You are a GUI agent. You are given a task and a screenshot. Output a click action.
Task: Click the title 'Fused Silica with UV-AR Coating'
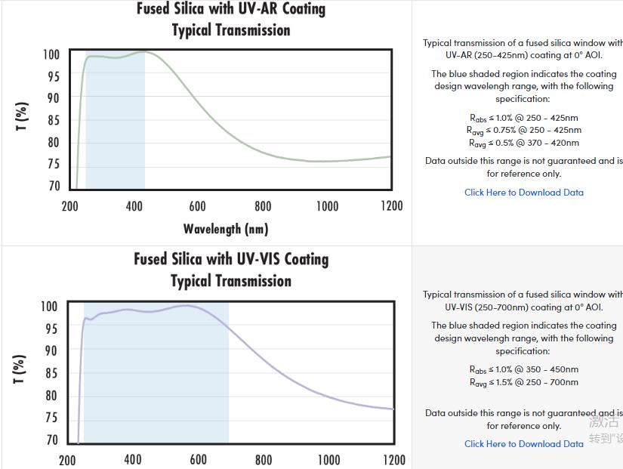coord(231,9)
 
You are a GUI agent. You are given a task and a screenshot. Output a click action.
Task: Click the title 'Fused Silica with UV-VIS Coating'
coord(231,259)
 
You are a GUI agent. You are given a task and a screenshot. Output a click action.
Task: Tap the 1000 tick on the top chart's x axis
coord(327,206)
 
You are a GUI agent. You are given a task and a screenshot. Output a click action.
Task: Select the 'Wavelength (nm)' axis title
coord(226,228)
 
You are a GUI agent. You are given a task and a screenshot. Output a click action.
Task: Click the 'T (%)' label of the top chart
coord(22,116)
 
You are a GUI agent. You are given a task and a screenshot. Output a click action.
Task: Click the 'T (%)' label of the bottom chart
coord(22,369)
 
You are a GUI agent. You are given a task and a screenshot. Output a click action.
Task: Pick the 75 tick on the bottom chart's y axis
coord(50,418)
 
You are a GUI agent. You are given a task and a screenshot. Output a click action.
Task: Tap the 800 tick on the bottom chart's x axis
coord(264,459)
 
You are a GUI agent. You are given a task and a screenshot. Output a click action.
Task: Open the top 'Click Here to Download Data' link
coord(523,192)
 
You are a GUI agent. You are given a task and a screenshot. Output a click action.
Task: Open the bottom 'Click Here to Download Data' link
coord(523,443)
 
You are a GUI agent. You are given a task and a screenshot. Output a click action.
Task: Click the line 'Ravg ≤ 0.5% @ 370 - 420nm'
coord(523,143)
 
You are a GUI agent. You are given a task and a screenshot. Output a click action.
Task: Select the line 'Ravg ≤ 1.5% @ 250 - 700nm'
coord(523,382)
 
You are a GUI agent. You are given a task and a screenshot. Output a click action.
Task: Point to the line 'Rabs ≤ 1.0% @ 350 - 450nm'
coord(523,369)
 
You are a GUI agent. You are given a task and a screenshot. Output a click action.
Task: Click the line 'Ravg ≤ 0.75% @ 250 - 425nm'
coord(523,130)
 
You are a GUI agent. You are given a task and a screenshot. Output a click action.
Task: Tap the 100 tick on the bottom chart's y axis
coord(48,307)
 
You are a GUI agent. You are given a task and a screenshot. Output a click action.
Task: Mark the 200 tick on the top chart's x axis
coord(69,206)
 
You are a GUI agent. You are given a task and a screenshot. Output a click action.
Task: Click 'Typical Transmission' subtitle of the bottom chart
coord(231,281)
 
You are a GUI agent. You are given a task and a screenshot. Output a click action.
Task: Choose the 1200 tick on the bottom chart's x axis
coord(394,459)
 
